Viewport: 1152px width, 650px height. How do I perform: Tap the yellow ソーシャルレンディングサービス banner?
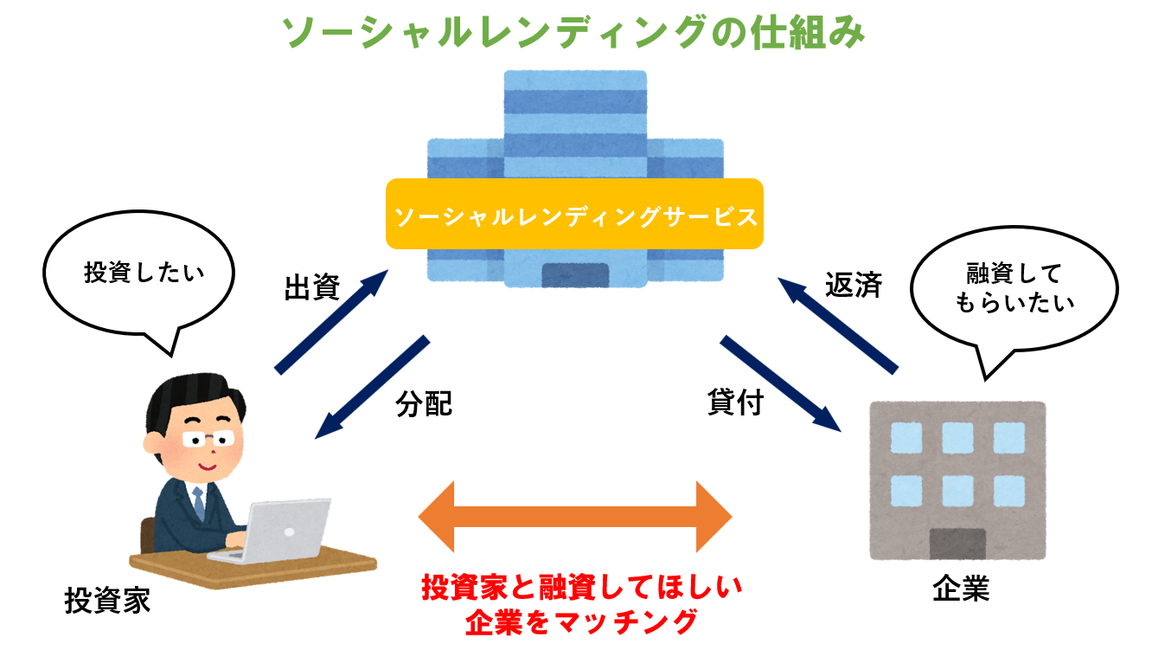(x=574, y=214)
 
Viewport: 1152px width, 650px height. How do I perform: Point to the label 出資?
(x=311, y=288)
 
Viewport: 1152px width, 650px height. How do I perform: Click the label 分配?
(x=424, y=403)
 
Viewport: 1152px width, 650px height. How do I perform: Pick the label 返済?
(x=853, y=285)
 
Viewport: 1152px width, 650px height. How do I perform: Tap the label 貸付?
(x=735, y=403)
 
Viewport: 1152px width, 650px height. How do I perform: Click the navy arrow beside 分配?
(x=372, y=386)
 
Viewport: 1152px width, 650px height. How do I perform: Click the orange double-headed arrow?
(x=575, y=518)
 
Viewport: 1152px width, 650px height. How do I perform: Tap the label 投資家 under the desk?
(x=107, y=600)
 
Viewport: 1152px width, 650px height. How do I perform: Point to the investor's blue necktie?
(x=199, y=503)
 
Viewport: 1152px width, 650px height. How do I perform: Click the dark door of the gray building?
(x=957, y=544)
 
